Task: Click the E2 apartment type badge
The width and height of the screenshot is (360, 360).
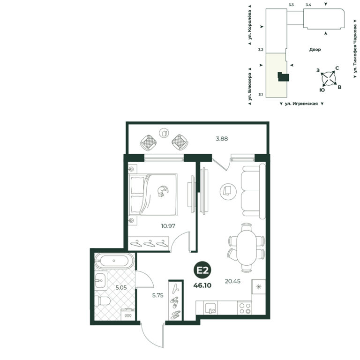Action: [202, 270]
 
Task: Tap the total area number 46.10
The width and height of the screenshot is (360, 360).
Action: [202, 285]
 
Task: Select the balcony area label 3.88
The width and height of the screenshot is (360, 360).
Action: [222, 139]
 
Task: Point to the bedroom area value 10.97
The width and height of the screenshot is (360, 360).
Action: [168, 226]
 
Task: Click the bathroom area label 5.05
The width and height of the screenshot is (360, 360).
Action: [121, 287]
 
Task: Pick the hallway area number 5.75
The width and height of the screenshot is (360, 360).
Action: [157, 295]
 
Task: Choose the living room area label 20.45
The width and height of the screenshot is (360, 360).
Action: [232, 281]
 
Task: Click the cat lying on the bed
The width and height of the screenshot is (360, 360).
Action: [163, 191]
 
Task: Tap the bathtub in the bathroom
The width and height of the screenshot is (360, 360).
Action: [114, 261]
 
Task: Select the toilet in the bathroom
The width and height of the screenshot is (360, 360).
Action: [102, 301]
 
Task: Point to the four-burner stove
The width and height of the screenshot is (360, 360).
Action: [245, 308]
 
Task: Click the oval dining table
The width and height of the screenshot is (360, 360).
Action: [247, 247]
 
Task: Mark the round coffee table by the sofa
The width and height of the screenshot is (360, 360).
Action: [228, 191]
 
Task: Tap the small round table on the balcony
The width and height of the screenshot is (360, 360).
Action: [164, 133]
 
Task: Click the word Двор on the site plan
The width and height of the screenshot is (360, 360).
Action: [315, 49]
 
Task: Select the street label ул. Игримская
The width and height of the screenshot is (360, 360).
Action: [301, 104]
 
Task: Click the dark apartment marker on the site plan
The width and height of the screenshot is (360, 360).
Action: [283, 77]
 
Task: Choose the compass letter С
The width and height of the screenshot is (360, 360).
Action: [337, 68]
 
